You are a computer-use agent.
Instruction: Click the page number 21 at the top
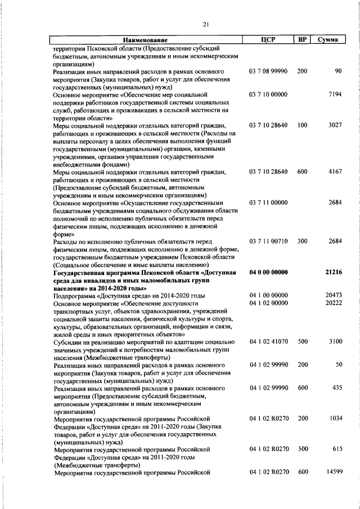206,23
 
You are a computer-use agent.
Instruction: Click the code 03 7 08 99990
268,73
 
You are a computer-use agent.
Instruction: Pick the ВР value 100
302,125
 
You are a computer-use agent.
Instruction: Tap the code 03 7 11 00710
268,241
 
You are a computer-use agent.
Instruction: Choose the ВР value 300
302,241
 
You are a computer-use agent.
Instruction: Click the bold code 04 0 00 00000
268,272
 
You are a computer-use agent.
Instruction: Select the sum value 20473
333,295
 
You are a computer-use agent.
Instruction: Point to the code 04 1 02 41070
268,342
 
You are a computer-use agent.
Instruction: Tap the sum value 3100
334,342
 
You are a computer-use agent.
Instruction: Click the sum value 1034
334,419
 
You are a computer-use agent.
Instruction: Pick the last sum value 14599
333,472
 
